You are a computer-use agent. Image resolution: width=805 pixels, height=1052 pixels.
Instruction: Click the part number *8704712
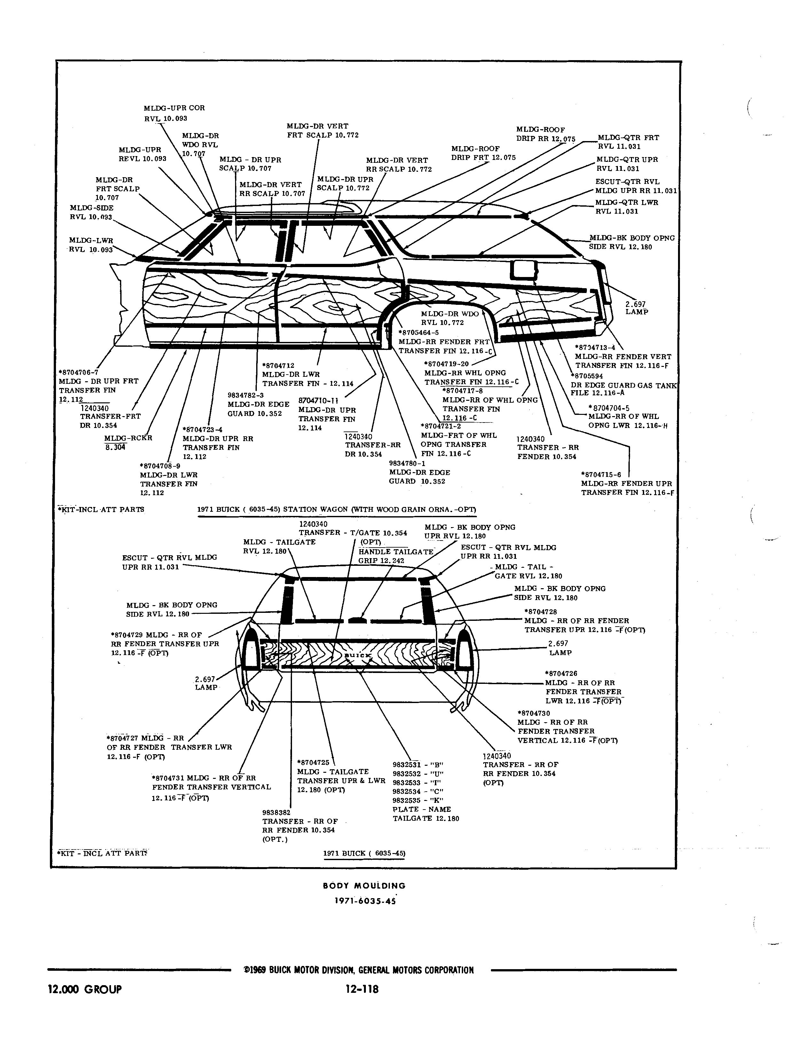(x=278, y=366)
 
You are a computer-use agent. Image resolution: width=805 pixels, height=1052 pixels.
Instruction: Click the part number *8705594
(x=587, y=376)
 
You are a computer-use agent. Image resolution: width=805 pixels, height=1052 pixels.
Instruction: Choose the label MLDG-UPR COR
(x=174, y=108)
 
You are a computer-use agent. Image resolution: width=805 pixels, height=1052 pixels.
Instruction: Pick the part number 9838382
(x=276, y=812)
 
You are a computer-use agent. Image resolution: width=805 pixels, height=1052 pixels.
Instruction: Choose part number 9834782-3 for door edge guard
(x=246, y=395)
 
